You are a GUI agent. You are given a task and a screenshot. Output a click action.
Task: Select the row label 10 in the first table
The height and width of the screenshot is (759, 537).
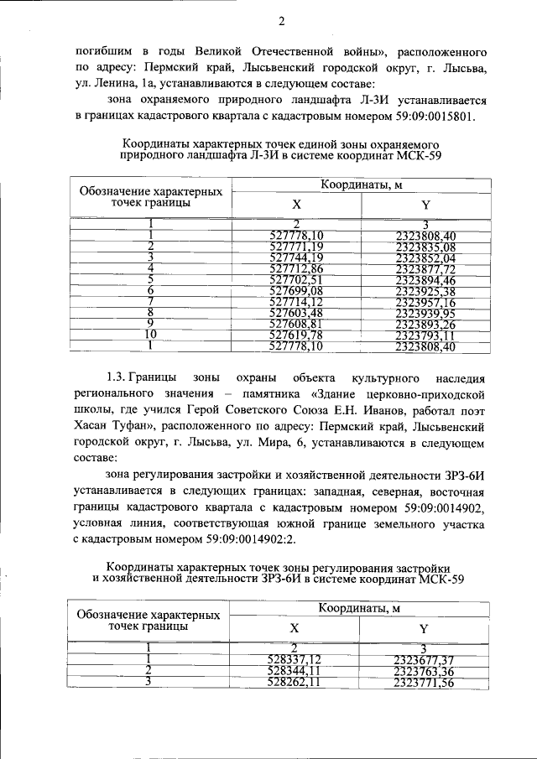coord(149,334)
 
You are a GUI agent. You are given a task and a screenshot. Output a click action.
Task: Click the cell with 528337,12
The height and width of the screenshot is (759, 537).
coord(295,659)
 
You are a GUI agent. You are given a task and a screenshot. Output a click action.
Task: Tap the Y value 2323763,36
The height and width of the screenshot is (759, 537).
coord(423,671)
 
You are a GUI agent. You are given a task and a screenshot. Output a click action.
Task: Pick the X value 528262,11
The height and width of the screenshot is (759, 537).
coord(295,683)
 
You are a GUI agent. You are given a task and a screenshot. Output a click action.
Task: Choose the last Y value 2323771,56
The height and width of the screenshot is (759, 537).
coord(423,683)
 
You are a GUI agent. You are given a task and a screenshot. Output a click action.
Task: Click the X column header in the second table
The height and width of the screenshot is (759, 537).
coord(295,627)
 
